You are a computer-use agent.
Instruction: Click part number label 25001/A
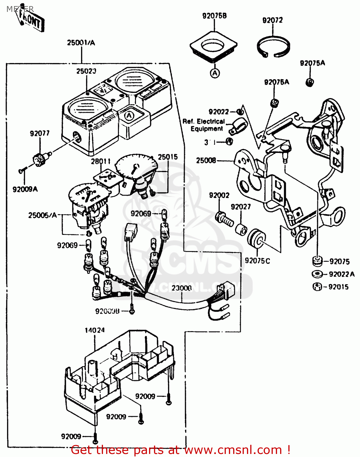(81, 43)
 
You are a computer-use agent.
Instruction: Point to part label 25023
(86, 71)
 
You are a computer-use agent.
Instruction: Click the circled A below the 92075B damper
(215, 73)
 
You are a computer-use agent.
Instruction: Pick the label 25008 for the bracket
(206, 161)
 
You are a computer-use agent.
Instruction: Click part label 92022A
(342, 274)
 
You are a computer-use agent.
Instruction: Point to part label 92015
(338, 287)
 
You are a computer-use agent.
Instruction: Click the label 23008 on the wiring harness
(182, 288)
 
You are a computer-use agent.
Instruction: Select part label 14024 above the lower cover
(94, 330)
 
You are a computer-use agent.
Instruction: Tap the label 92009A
(25, 189)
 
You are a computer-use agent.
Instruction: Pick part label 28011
(101, 161)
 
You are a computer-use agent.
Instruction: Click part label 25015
(168, 157)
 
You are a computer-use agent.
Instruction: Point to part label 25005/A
(43, 215)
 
